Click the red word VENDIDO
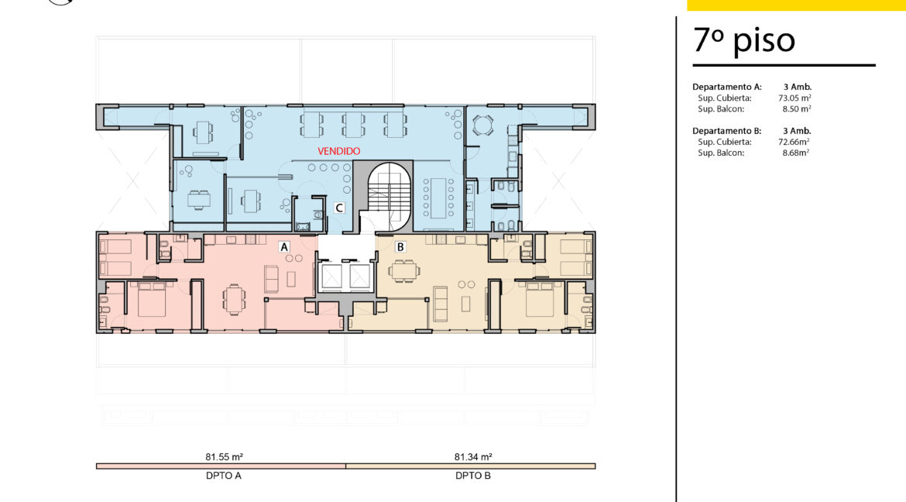[x=339, y=151]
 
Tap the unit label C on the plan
[x=339, y=208]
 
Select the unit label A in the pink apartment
[x=283, y=247]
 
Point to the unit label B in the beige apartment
[x=400, y=247]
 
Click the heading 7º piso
[x=744, y=40]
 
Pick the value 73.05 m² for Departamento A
[x=794, y=98]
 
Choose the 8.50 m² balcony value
[x=797, y=108]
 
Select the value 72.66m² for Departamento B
[x=794, y=142]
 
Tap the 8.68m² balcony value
[x=795, y=153]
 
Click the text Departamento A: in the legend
[x=727, y=87]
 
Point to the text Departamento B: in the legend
[x=727, y=131]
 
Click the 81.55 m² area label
[x=225, y=457]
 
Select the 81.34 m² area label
[x=473, y=457]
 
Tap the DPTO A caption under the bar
[x=224, y=476]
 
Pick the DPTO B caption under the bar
[x=473, y=476]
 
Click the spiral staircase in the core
[x=389, y=195]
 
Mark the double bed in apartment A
[x=152, y=298]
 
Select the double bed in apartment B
[x=541, y=298]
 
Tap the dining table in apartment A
[x=234, y=299]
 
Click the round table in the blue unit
[x=482, y=125]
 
